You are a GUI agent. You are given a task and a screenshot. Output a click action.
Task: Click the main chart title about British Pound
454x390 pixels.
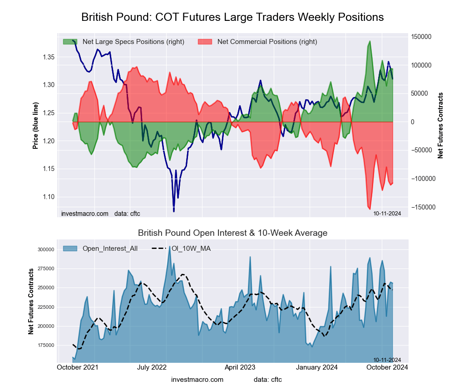click(x=232, y=17)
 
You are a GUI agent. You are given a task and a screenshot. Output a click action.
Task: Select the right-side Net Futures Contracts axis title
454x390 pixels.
click(x=440, y=126)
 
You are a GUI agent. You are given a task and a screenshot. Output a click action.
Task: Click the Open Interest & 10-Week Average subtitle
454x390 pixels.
click(x=232, y=233)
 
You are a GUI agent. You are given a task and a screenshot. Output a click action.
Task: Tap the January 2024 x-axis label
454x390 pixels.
click(x=324, y=367)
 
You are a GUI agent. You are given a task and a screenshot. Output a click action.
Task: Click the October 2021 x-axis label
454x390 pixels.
click(x=78, y=367)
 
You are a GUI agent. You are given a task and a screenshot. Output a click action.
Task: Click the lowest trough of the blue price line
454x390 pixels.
click(x=174, y=211)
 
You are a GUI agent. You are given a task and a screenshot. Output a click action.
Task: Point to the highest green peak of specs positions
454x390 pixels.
click(x=370, y=41)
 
